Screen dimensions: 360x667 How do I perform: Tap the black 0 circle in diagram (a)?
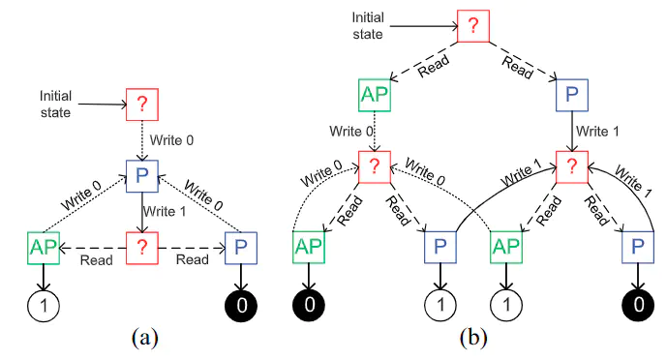point(241,308)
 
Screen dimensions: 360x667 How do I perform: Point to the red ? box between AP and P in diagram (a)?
point(144,249)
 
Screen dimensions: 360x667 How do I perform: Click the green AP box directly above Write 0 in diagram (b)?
point(375,96)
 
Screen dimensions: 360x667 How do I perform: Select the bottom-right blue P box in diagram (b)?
point(635,249)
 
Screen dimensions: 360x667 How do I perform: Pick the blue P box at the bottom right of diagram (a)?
point(241,249)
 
